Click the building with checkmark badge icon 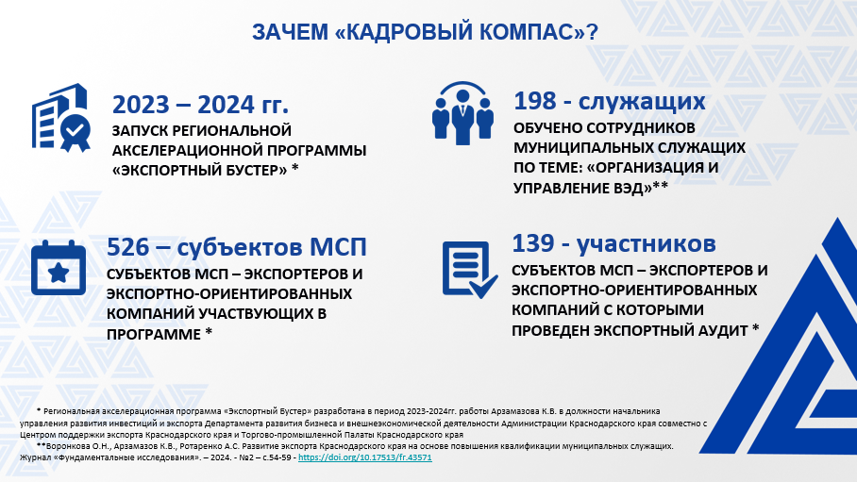[60, 118]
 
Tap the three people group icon [462, 114]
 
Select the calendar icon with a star [59, 268]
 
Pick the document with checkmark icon [469, 270]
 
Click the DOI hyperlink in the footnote [365, 458]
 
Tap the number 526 [128, 247]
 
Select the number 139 [533, 243]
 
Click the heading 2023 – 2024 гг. [200, 105]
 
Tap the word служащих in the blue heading [642, 102]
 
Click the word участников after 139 [646, 244]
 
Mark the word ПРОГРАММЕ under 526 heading [154, 334]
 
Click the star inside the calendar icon [59, 273]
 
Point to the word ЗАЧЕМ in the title [290, 32]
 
